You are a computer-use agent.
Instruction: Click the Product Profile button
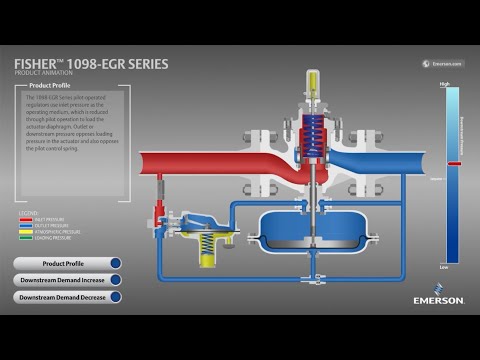click(62, 263)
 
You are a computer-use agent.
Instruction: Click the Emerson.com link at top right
click(443, 63)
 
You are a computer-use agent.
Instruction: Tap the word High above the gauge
click(444, 84)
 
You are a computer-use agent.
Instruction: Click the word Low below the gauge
click(444, 268)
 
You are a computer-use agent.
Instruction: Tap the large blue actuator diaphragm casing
click(305, 233)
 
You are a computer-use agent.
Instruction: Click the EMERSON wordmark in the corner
click(439, 300)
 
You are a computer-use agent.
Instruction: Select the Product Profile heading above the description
click(55, 86)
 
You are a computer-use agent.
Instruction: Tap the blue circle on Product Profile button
click(115, 263)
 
